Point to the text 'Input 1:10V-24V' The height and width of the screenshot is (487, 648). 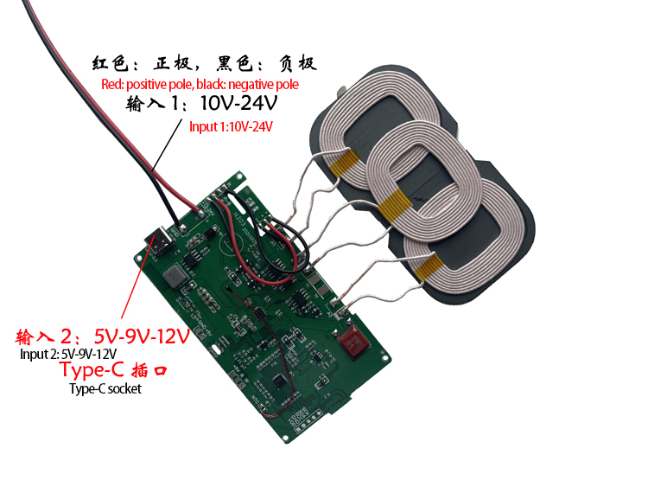click(231, 126)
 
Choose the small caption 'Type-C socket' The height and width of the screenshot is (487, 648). click(105, 388)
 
